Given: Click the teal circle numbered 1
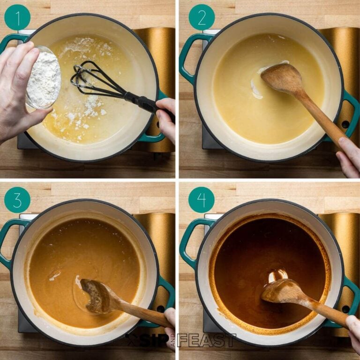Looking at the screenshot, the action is [x=17, y=17].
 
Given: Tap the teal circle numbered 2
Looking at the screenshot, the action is [x=202, y=17].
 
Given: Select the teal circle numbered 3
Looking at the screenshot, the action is [x=17, y=200].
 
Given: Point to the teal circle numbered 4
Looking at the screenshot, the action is [x=202, y=200].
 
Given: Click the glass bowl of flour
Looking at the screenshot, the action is [x=44, y=78].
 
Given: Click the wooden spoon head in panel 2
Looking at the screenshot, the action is [x=281, y=78].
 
